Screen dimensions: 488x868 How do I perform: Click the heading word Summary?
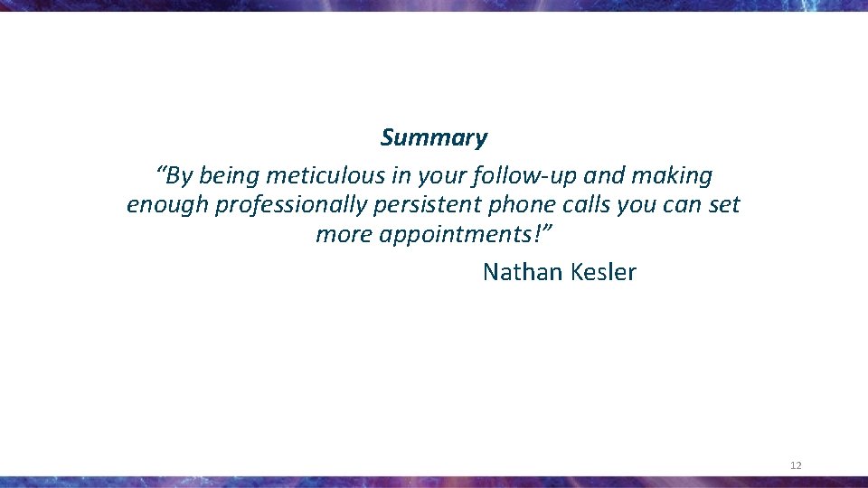click(x=433, y=138)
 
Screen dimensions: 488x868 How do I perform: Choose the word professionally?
click(x=290, y=206)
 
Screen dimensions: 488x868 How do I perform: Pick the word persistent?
click(x=428, y=205)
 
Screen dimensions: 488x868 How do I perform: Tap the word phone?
click(x=520, y=206)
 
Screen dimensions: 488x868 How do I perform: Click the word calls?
click(x=584, y=205)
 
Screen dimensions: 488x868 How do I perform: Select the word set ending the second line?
click(x=724, y=205)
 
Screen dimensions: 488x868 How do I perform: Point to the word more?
click(x=344, y=236)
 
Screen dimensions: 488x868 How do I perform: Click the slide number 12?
click(x=796, y=465)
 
